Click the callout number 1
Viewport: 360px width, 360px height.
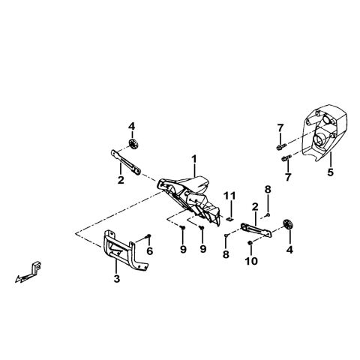[x=194, y=160]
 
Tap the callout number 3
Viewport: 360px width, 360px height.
[x=117, y=279]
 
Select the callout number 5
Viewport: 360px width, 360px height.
[x=331, y=172]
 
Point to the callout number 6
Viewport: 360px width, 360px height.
[x=150, y=251]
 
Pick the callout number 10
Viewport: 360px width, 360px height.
[x=251, y=261]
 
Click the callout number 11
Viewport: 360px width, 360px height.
[x=229, y=196]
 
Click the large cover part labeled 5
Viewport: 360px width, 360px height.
[x=324, y=133]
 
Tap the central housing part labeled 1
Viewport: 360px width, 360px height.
[x=190, y=197]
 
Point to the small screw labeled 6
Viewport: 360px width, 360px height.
[x=148, y=235]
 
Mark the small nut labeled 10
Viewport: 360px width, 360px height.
[x=250, y=243]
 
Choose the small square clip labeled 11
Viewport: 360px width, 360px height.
[x=229, y=219]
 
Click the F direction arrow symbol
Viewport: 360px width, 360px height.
[x=28, y=273]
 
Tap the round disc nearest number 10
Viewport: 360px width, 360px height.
[x=287, y=224]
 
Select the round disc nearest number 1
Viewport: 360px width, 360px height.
[x=133, y=144]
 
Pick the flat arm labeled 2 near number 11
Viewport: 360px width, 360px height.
[x=256, y=230]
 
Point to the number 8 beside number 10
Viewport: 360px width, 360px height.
[x=226, y=254]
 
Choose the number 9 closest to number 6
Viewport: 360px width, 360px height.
[x=183, y=249]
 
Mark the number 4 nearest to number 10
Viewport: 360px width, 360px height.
[x=289, y=249]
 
